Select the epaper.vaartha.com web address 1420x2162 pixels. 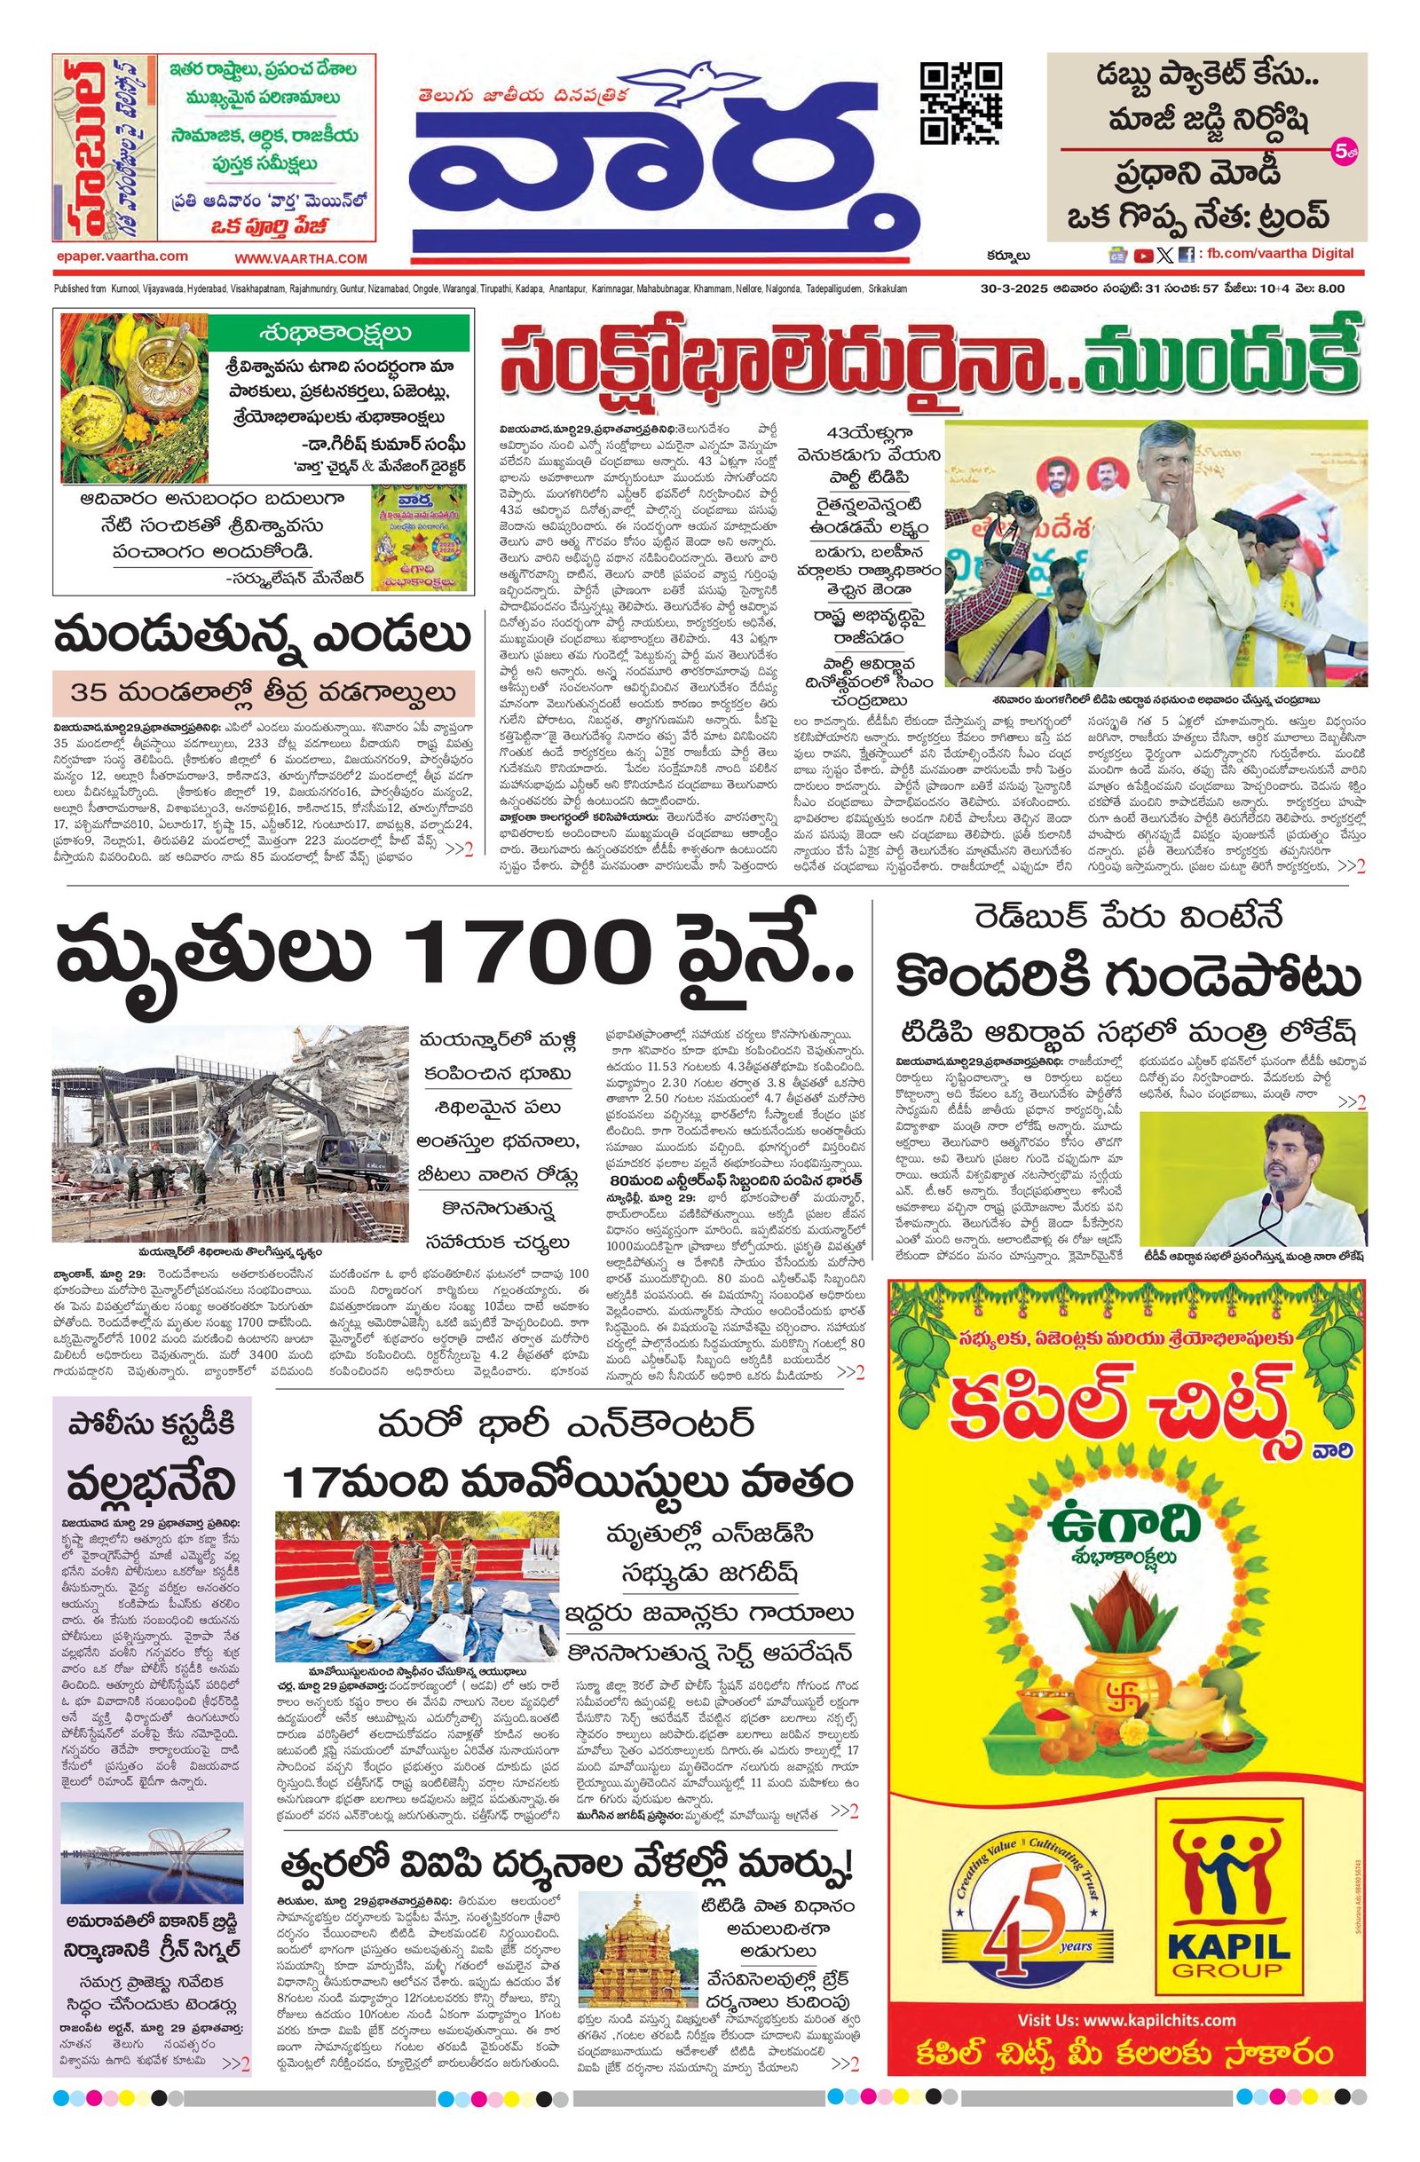[121, 256]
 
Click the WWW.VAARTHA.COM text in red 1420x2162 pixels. [300, 258]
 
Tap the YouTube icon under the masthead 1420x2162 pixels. [1144, 256]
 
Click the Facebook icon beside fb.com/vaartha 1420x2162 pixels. [1186, 256]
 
